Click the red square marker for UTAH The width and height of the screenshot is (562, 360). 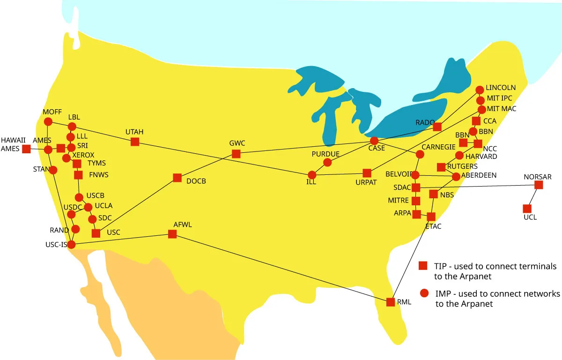pos(135,142)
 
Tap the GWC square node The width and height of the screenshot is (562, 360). pos(236,154)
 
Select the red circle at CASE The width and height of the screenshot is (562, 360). pos(374,141)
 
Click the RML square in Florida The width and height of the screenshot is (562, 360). pos(391,302)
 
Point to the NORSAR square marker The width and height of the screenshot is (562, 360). pos(539,185)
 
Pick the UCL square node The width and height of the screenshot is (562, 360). pos(527,209)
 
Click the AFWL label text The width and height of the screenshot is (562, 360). pos(183,225)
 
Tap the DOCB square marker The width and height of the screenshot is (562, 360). pos(177,178)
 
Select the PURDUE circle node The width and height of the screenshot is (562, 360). pos(327,163)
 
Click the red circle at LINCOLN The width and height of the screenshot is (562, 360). pos(480,90)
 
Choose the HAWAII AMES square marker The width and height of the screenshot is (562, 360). pos(27,149)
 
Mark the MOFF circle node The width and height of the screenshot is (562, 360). pos(48,121)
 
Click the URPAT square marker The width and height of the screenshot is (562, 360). pos(367,173)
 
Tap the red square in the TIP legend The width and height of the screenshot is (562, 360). pos(423,266)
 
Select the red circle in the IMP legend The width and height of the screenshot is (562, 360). pos(424,293)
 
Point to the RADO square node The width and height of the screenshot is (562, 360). pos(437,127)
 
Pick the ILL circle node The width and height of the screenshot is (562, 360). pos(312,175)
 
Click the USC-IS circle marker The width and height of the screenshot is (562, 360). pos(71,244)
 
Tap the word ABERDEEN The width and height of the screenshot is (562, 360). pos(479,175)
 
